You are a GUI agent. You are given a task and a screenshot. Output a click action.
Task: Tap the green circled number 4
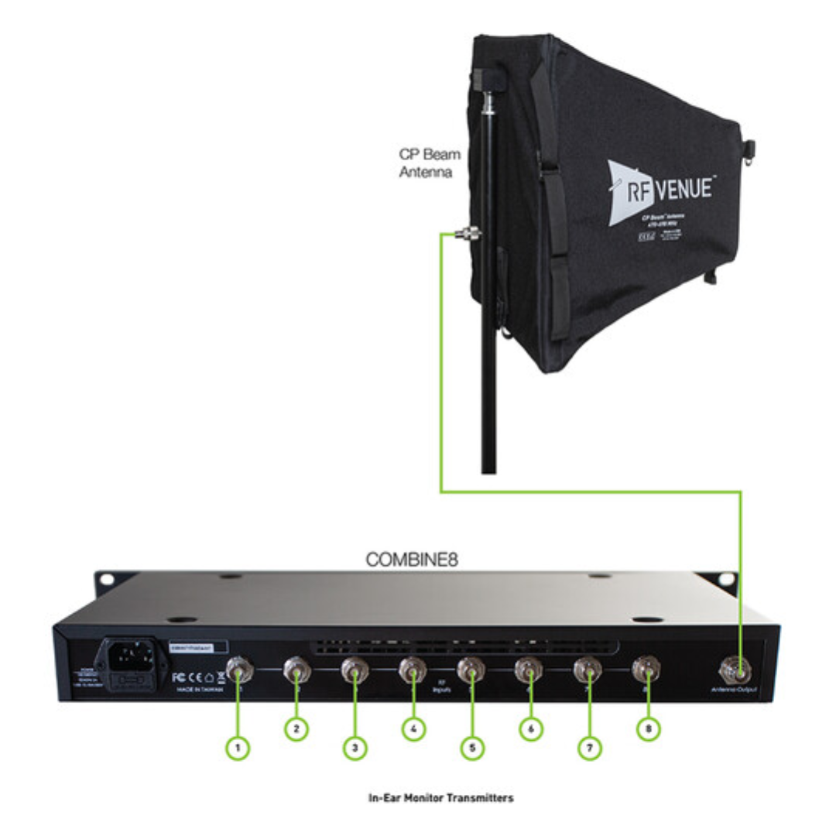(413, 728)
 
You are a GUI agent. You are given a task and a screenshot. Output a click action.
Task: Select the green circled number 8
(649, 728)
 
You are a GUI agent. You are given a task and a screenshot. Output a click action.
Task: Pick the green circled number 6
(530, 728)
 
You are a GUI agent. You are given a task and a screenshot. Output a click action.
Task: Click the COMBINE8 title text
(412, 559)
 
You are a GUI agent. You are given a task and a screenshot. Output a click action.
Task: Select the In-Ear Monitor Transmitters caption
(440, 797)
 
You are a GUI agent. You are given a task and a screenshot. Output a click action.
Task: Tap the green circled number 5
(471, 748)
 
